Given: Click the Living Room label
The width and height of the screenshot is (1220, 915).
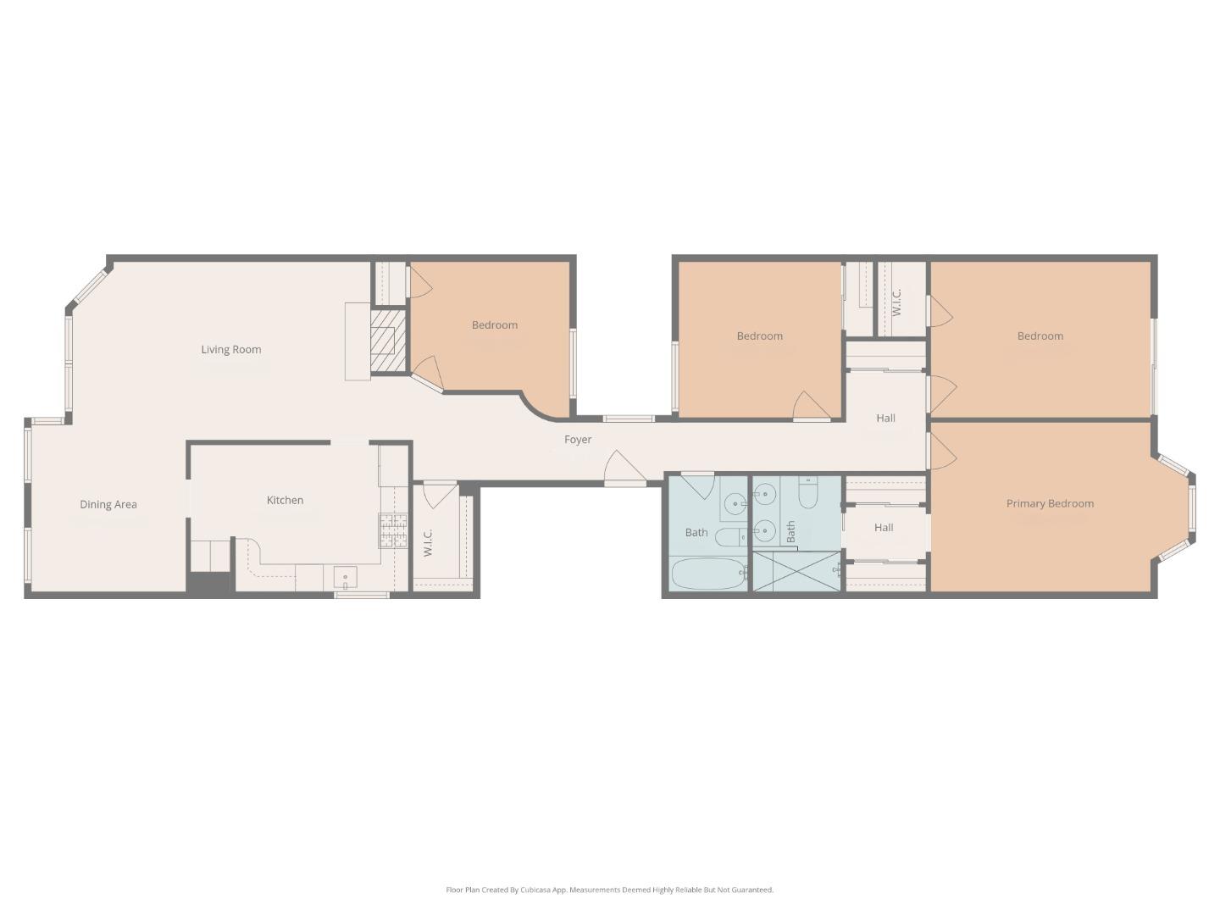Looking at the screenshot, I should coord(230,349).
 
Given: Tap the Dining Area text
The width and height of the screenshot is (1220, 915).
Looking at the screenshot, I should coord(108,504).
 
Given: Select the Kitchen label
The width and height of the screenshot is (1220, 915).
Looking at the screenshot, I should coord(285,500).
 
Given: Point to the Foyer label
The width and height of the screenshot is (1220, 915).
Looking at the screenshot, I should coord(578,439).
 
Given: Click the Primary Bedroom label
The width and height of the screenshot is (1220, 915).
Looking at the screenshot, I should coord(1050,503).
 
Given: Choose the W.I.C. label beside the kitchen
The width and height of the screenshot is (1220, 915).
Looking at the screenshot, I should coord(428,542).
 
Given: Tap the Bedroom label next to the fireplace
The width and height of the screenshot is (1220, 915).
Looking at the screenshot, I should coord(494,324).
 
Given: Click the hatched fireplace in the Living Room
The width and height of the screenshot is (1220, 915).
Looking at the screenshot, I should coord(389,340).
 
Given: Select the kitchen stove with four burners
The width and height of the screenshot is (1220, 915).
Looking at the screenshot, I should coord(392,531).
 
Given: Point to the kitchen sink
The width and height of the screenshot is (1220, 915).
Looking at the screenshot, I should coord(345,578).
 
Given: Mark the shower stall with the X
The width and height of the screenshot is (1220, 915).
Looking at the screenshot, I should coord(796,571).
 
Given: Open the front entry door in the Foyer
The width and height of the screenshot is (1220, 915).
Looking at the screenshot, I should coord(625,469).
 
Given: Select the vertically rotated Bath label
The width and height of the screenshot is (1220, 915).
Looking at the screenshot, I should coord(790,532).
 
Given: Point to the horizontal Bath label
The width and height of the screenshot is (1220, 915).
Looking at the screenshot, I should coord(696,532).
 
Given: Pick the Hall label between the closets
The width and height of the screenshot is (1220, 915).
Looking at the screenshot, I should coord(884,527).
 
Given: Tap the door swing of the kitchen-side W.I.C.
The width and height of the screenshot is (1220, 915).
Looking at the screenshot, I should coord(439,495).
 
